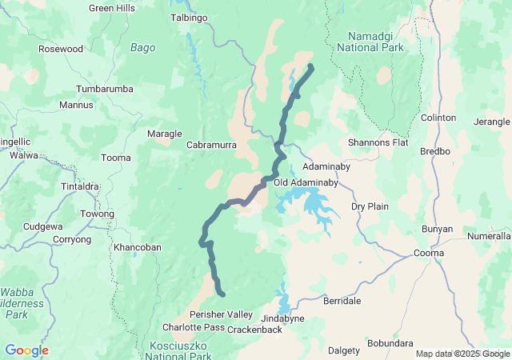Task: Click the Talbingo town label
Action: [x=190, y=17]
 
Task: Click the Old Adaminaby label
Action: [x=306, y=182]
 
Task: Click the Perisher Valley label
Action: [x=221, y=314]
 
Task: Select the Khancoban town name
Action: [x=138, y=247]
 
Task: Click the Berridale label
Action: [x=342, y=301]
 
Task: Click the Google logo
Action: [x=26, y=350]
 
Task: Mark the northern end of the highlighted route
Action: [x=310, y=67]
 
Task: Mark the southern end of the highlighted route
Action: [x=222, y=294]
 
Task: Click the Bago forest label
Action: [x=142, y=48]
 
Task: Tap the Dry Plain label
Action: [x=370, y=206]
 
